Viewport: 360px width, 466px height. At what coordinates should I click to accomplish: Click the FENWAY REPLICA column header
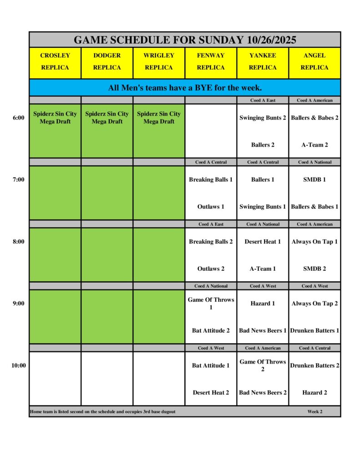(211, 61)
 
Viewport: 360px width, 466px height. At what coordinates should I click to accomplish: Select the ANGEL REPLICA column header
(314, 61)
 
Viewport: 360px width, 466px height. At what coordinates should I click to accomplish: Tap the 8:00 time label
(18, 242)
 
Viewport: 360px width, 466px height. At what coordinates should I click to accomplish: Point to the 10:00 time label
(18, 365)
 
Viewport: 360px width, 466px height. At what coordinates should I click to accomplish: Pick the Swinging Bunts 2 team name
(263, 118)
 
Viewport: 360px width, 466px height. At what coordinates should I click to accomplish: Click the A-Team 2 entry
(314, 145)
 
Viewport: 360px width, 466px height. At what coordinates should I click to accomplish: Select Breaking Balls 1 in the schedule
(211, 180)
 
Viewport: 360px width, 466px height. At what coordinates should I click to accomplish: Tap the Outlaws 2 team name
(211, 269)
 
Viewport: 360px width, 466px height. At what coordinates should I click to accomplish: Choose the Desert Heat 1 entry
(263, 242)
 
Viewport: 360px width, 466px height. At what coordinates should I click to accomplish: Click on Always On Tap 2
(314, 304)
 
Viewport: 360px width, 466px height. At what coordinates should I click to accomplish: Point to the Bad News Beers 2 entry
(263, 393)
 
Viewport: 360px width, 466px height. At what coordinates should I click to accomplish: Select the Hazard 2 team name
(314, 393)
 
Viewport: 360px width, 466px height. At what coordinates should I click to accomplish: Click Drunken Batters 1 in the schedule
(314, 331)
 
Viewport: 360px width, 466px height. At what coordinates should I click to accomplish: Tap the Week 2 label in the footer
(314, 412)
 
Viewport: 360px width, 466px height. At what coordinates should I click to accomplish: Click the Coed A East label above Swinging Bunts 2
(263, 100)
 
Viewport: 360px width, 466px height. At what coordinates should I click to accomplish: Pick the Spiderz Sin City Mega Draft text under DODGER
(107, 118)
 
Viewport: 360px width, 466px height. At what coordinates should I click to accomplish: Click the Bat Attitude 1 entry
(211, 365)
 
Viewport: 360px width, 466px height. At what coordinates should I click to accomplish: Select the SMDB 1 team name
(314, 180)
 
